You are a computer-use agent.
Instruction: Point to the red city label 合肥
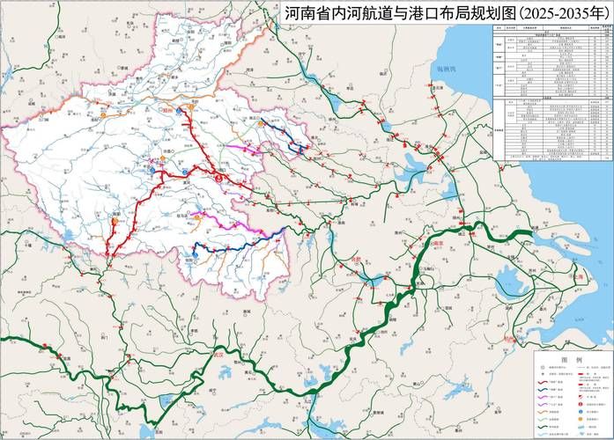355,261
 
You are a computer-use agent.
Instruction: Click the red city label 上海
577,277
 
